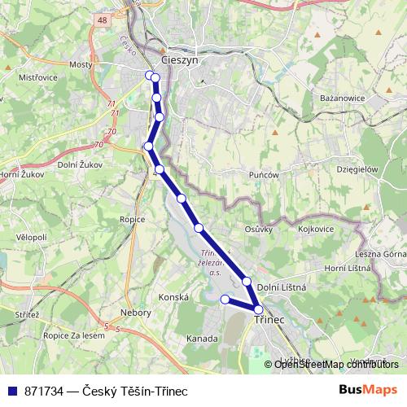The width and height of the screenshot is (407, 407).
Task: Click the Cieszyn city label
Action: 180,60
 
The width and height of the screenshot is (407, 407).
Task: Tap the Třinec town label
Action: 269,320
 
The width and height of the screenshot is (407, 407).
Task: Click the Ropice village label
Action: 132,219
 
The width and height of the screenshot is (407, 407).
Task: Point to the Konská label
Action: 173,298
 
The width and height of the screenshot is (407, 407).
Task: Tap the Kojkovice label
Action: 316,229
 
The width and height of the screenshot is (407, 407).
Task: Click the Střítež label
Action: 26,313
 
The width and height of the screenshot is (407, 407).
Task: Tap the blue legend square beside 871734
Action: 11,390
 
